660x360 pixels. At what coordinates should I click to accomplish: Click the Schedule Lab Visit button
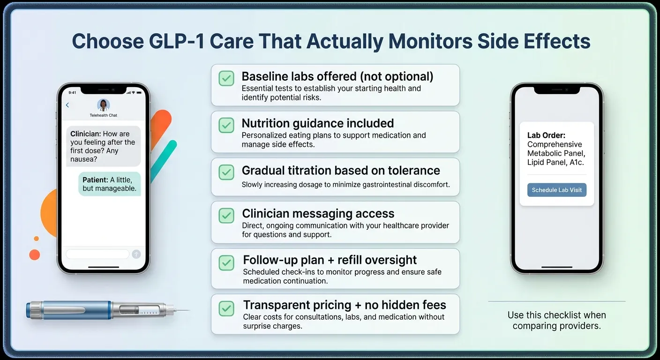(556, 190)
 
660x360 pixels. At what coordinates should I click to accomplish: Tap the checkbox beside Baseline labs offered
(227, 78)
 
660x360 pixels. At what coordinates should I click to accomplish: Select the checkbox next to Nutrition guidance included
(227, 125)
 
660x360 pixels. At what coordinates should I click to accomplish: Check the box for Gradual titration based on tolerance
(227, 172)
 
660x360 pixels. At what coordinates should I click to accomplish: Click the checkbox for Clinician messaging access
(227, 215)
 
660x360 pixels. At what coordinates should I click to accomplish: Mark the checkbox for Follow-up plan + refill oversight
(227, 262)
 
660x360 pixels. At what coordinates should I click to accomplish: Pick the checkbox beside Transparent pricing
(227, 308)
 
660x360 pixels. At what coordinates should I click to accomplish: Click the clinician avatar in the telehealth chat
(103, 105)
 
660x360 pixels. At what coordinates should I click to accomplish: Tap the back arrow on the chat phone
(67, 105)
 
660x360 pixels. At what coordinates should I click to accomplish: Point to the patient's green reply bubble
(110, 184)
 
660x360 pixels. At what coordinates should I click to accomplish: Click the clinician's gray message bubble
(103, 146)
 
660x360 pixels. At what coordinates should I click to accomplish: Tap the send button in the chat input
(136, 254)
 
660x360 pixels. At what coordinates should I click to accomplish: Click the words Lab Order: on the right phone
(547, 135)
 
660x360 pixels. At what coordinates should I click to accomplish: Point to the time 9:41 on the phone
(72, 92)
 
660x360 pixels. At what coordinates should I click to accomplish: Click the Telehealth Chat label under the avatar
(103, 115)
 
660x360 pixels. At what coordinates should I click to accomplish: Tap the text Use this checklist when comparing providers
(556, 320)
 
